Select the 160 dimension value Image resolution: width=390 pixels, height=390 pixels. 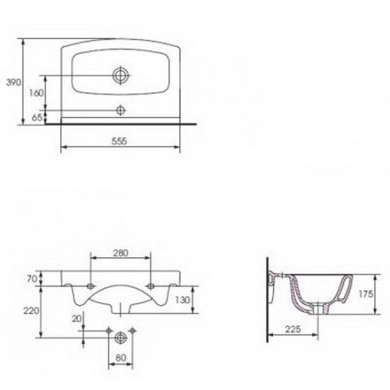coord(36,92)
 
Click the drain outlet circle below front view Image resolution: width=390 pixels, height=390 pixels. coord(119,336)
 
